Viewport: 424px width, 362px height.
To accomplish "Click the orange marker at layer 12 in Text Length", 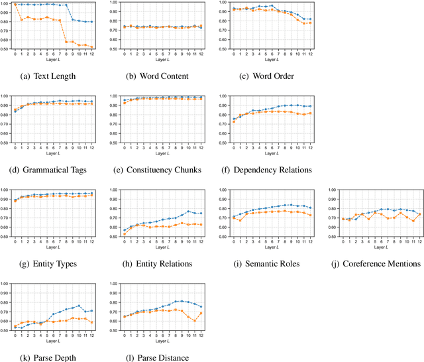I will pyautogui.click(x=91, y=46).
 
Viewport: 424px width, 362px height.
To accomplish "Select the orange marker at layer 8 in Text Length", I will pyautogui.click(x=66, y=42).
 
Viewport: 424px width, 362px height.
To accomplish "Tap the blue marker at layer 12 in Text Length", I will pyautogui.click(x=91, y=22).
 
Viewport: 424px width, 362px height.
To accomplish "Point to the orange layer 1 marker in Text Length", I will pyautogui.click(x=22, y=20).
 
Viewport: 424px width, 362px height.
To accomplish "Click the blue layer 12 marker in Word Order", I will pyautogui.click(x=309, y=19).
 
